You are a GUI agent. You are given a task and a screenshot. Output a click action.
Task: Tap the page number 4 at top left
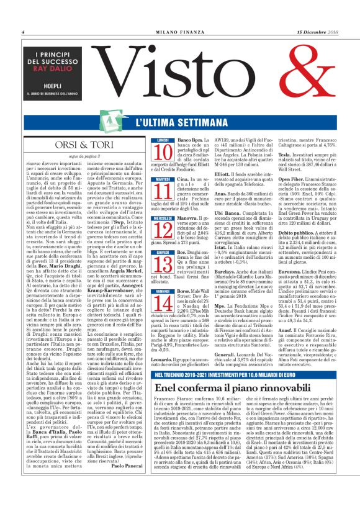click(x=22, y=32)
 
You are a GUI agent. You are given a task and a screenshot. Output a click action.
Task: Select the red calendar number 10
click(x=163, y=152)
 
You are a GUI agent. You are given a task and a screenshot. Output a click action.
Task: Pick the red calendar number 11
click(x=163, y=188)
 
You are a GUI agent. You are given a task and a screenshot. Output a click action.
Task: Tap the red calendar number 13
click(x=163, y=265)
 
